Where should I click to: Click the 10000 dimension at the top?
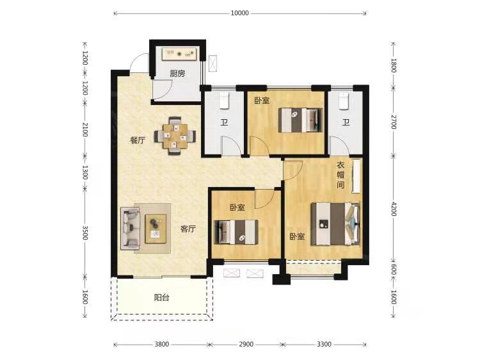pyautogui.click(x=240, y=13)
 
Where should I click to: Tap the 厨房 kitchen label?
pyautogui.click(x=177, y=74)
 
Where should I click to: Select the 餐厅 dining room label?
pyautogui.click(x=138, y=140)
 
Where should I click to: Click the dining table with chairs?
pyautogui.click(x=175, y=136)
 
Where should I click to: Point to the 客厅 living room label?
pyautogui.click(x=188, y=229)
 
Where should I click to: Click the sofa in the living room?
pyautogui.click(x=130, y=228)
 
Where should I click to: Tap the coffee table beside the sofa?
pyautogui.click(x=156, y=229)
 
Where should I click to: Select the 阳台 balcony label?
pyautogui.click(x=162, y=297)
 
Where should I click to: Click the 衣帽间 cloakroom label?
pyautogui.click(x=340, y=175)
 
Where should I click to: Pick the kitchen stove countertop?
pyautogui.click(x=179, y=54)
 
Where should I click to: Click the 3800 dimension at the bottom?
pyautogui.click(x=161, y=345)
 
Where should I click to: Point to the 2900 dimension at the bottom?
pyautogui.click(x=246, y=345)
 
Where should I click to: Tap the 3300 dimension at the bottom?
pyautogui.click(x=324, y=345)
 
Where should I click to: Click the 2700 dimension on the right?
pyautogui.click(x=394, y=122)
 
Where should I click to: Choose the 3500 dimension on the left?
pyautogui.click(x=85, y=233)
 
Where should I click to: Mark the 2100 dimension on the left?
pyautogui.click(x=85, y=129)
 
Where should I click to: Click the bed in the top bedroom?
pyautogui.click(x=301, y=120)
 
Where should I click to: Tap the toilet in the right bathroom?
pyautogui.click(x=344, y=101)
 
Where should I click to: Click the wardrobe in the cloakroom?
pyautogui.click(x=356, y=176)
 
